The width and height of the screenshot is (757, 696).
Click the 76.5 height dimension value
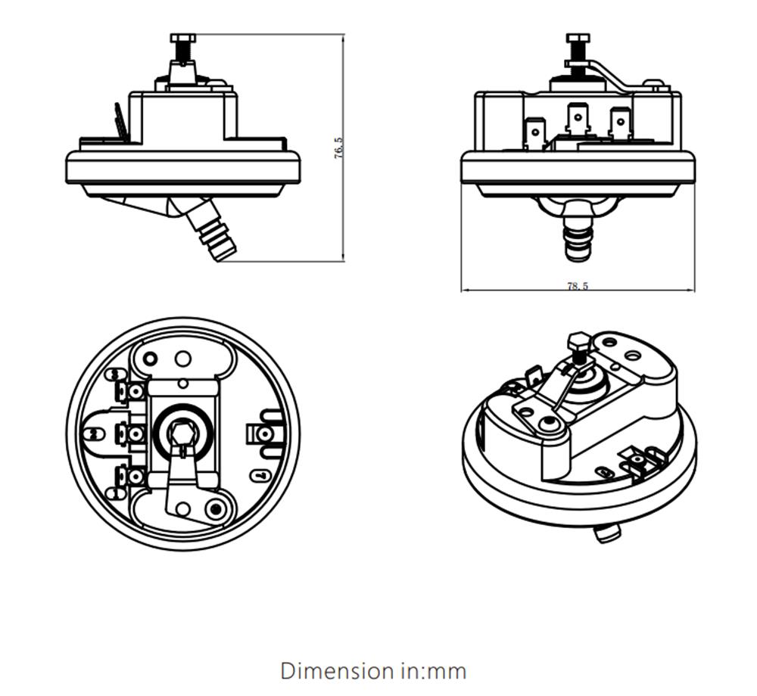click(x=338, y=148)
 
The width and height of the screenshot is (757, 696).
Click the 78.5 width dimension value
click(x=578, y=286)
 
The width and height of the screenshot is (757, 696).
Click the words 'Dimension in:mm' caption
click(x=373, y=670)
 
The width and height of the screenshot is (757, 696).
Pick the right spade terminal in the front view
click(x=620, y=125)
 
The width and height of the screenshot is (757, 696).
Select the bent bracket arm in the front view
click(x=615, y=76)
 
